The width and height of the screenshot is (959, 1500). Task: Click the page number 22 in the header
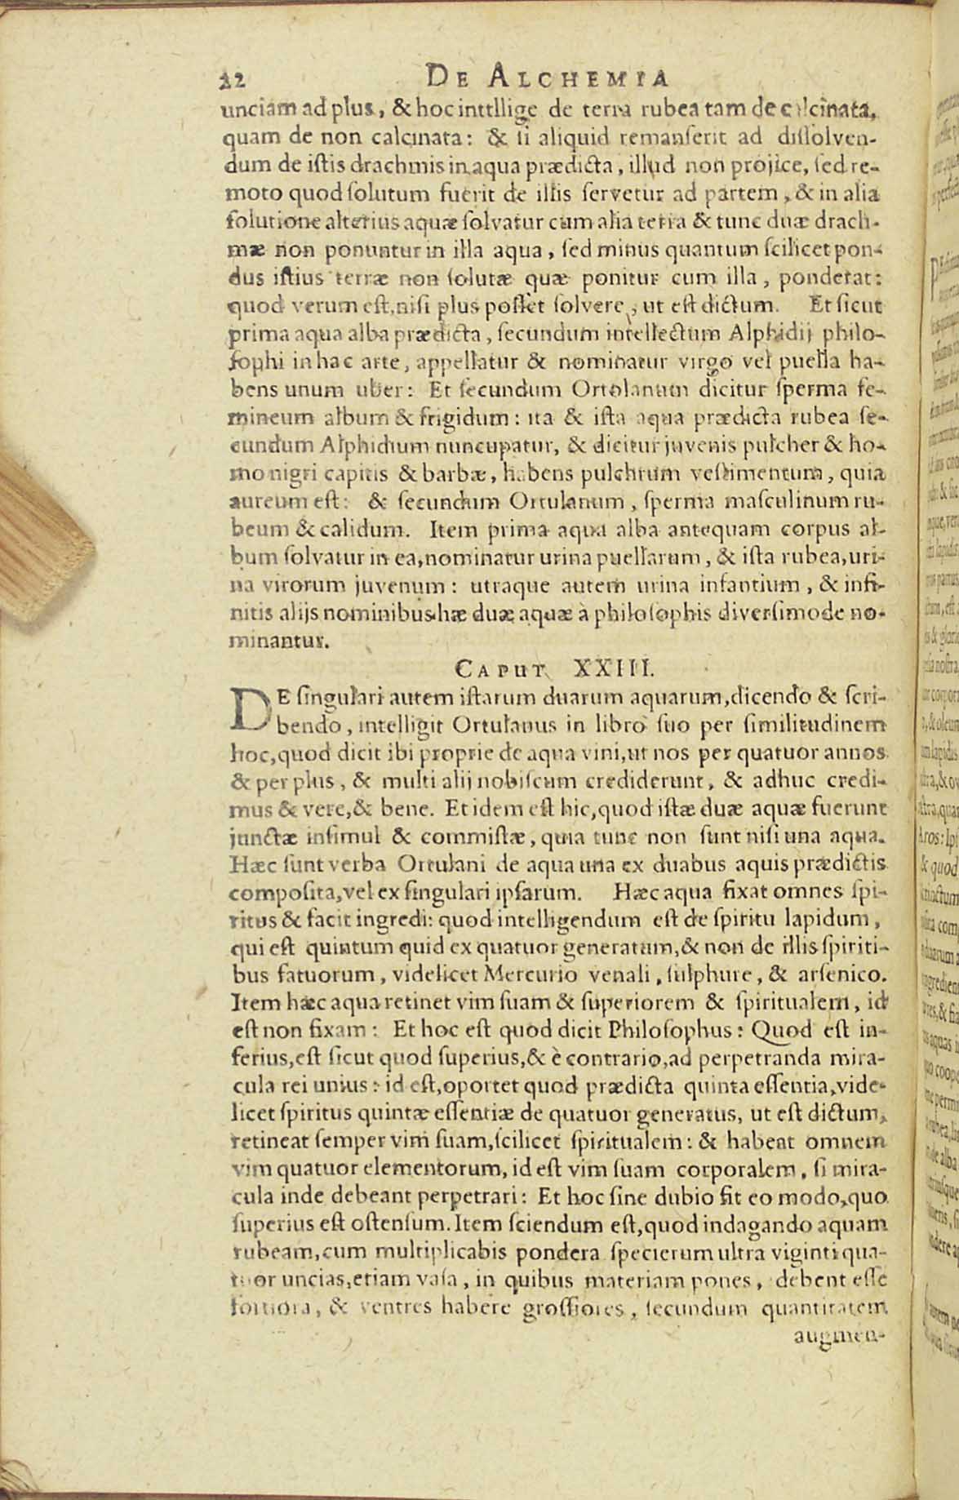click(x=235, y=80)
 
